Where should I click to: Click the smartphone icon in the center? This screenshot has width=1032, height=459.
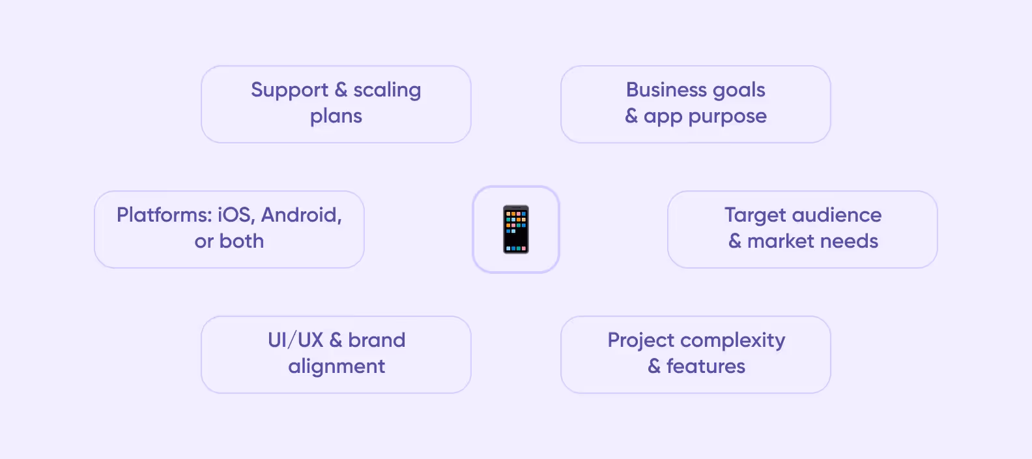(516, 229)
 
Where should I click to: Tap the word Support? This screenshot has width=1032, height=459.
(289, 90)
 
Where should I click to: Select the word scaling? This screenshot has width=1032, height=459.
(387, 90)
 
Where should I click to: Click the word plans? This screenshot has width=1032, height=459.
(336, 116)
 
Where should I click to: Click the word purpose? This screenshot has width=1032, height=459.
(727, 117)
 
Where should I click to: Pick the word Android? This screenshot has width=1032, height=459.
(302, 215)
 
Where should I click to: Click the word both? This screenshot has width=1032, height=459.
(242, 241)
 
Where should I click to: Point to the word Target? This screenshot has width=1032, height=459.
(755, 215)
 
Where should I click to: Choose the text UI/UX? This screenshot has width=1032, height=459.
(295, 340)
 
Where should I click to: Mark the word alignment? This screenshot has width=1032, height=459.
(336, 366)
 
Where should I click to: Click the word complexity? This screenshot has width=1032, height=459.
(732, 340)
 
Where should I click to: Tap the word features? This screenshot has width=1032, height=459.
(706, 366)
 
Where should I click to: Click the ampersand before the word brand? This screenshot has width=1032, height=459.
(336, 340)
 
